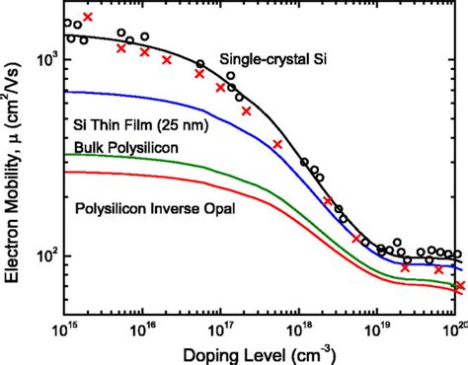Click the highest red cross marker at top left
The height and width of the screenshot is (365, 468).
tap(89, 17)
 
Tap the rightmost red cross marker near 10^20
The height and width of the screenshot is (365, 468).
tap(459, 286)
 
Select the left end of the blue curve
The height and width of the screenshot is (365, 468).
tap(66, 92)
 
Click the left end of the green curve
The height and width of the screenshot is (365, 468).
tap(66, 155)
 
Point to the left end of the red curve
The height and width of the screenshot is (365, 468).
tap(66, 172)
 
